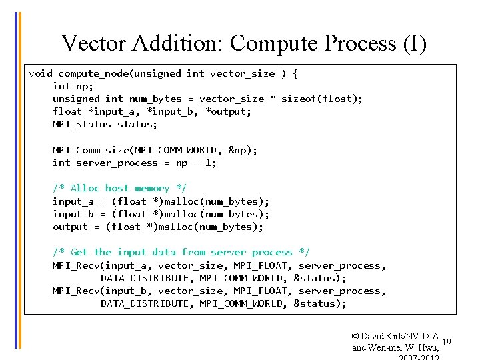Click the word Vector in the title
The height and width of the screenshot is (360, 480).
(x=93, y=43)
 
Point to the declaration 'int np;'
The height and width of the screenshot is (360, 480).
(x=73, y=86)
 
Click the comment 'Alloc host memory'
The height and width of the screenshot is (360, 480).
(x=120, y=188)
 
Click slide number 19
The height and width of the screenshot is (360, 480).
(x=447, y=342)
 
